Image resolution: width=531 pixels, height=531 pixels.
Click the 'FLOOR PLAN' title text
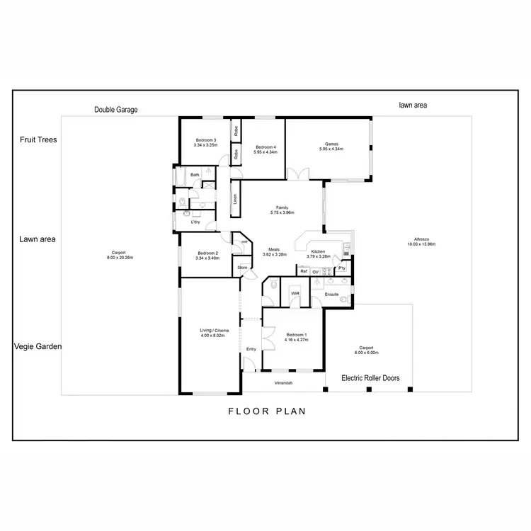266,411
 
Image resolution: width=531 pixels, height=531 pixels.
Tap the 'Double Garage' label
115,110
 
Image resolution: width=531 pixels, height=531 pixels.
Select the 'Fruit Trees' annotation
38,139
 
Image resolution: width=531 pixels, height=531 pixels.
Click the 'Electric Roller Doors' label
370,378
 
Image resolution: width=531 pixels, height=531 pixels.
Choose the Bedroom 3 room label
205,140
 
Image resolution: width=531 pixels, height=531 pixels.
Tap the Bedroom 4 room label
266,147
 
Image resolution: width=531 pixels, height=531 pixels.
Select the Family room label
282,208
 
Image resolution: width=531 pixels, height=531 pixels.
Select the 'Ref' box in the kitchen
303,271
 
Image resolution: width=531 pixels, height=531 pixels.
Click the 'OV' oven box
316,271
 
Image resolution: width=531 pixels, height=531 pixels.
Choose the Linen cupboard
235,200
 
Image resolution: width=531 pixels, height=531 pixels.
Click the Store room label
242,267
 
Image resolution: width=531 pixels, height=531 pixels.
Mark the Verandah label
285,382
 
